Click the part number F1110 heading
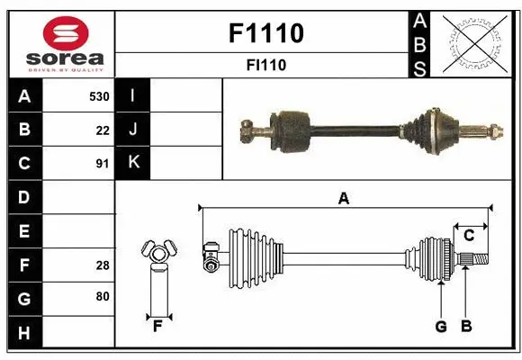coord(266,33)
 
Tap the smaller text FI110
coord(266,65)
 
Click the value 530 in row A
coord(99,96)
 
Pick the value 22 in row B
coord(103,130)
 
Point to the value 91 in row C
coord(103,164)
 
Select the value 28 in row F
coord(103,265)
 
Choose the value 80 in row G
coord(103,296)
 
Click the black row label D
coord(23,196)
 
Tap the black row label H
coord(23,334)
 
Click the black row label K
coord(133,163)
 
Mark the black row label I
coord(133,95)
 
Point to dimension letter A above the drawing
coord(343,199)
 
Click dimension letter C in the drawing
coord(469,236)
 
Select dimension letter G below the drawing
coord(441,327)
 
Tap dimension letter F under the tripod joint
coord(157,327)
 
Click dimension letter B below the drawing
coord(466,327)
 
